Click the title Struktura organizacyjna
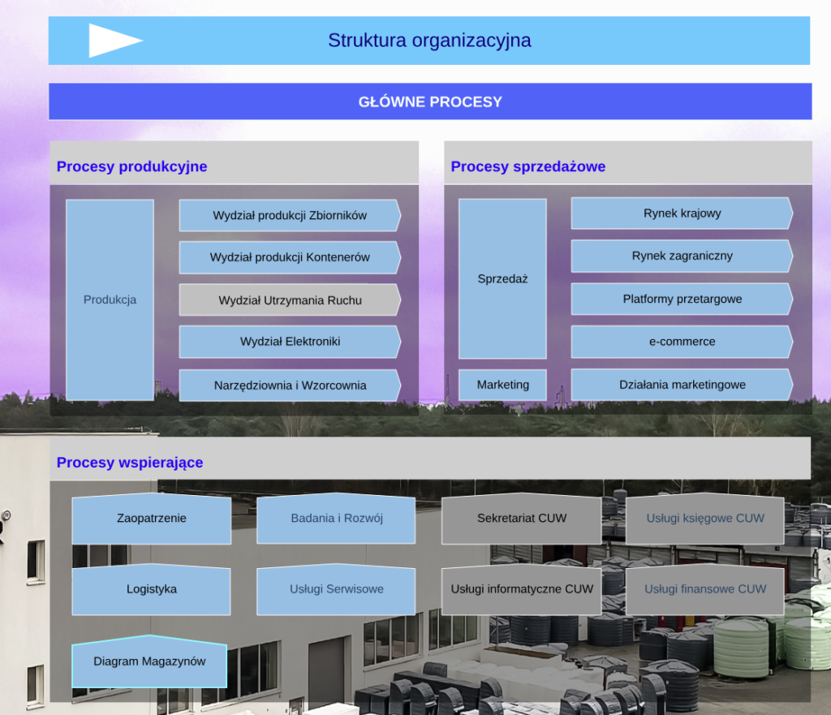pyautogui.click(x=429, y=40)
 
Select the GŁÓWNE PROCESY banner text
pyautogui.click(x=430, y=102)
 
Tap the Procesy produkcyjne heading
pyautogui.click(x=131, y=166)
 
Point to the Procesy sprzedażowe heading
pyautogui.click(x=527, y=166)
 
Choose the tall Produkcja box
pyautogui.click(x=110, y=299)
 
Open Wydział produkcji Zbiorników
pyautogui.click(x=290, y=215)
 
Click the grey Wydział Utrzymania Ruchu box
pyautogui.click(x=290, y=300)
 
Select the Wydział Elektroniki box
pyautogui.click(x=290, y=342)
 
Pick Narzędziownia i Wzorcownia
pyautogui.click(x=290, y=385)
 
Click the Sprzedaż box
pyautogui.click(x=502, y=278)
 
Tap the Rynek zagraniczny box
pyautogui.click(x=682, y=256)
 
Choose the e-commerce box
pyautogui.click(x=682, y=342)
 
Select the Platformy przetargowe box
pyautogui.click(x=682, y=299)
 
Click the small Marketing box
pyautogui.click(x=502, y=385)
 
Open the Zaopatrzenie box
pyautogui.click(x=151, y=519)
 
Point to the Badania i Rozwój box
pyautogui.click(x=336, y=519)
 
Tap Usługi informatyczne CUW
pyautogui.click(x=522, y=589)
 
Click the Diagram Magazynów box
pyautogui.click(x=149, y=661)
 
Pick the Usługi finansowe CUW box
pyautogui.click(x=704, y=589)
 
